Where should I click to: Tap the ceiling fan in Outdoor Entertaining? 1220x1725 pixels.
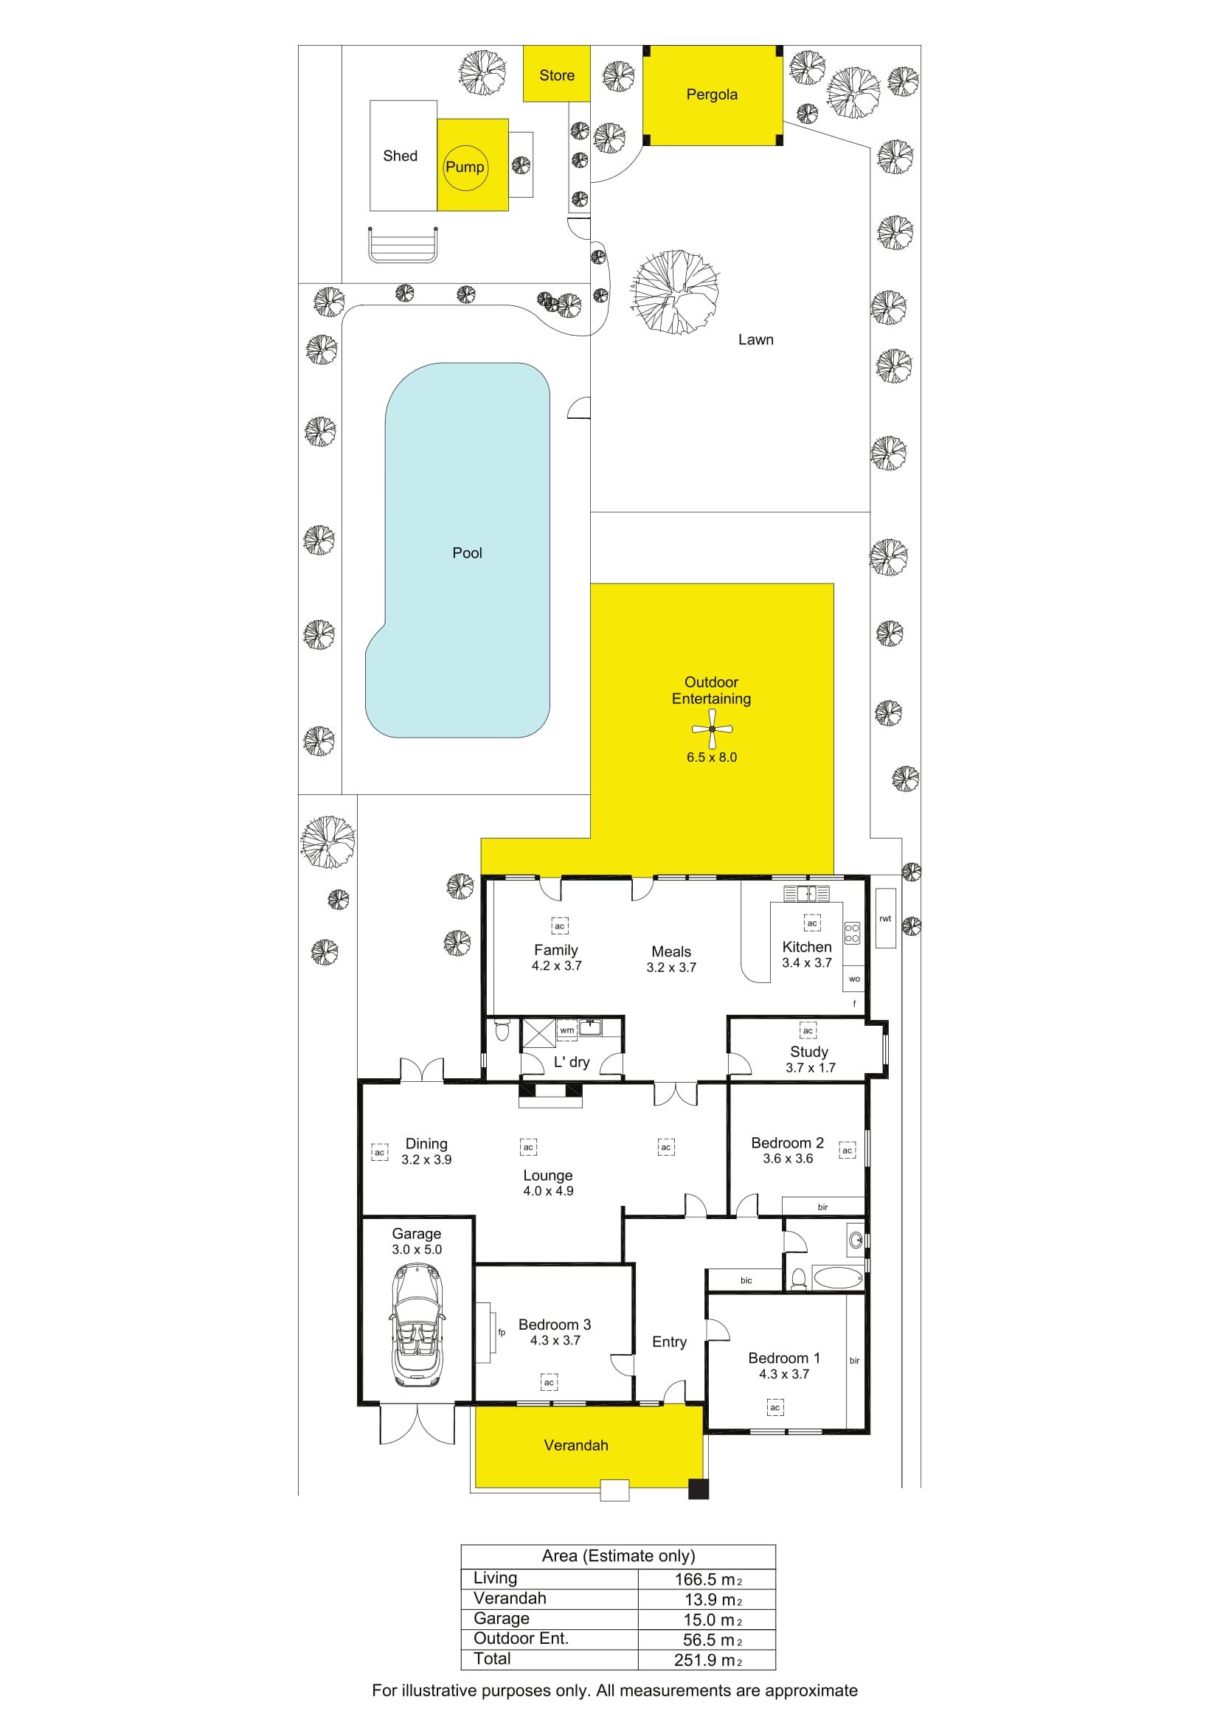tap(710, 729)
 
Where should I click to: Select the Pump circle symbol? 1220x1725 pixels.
tap(465, 167)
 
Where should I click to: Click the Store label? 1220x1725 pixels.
tap(557, 75)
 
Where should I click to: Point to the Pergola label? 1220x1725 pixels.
tap(711, 94)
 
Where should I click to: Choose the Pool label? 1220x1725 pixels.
tap(466, 553)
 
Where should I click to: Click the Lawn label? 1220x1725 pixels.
tap(755, 339)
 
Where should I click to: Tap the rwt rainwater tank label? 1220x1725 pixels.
tap(885, 918)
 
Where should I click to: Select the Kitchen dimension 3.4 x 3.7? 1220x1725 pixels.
tap(807, 963)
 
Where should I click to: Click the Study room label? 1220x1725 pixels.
tap(809, 1052)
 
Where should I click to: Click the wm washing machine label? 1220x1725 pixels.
tap(567, 1030)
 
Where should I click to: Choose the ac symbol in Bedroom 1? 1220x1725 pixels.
tap(775, 1407)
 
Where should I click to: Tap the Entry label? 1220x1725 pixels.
tap(669, 1342)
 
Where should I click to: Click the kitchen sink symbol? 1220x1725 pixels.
tap(807, 893)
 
